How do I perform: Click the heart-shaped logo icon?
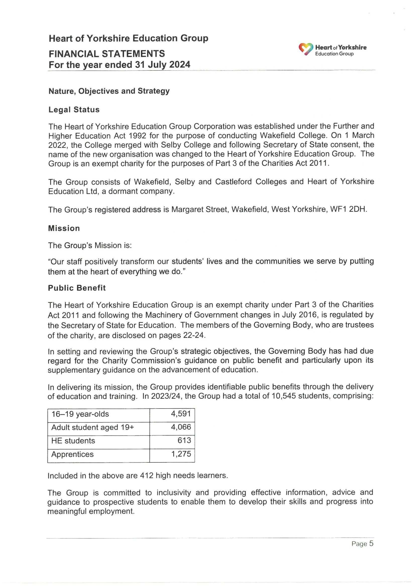306,49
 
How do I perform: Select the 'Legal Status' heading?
74,110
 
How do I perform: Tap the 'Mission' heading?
64,228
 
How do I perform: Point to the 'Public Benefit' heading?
77,288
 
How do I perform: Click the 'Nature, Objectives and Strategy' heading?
109,91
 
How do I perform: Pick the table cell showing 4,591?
181,414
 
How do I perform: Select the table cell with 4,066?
181,427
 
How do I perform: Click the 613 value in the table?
184,440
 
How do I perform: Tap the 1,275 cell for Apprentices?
181,454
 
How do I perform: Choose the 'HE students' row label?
73,441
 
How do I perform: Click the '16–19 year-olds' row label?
80,414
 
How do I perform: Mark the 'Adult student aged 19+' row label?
93,428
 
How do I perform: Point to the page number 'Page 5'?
362,544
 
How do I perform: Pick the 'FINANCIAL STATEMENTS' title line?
107,54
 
